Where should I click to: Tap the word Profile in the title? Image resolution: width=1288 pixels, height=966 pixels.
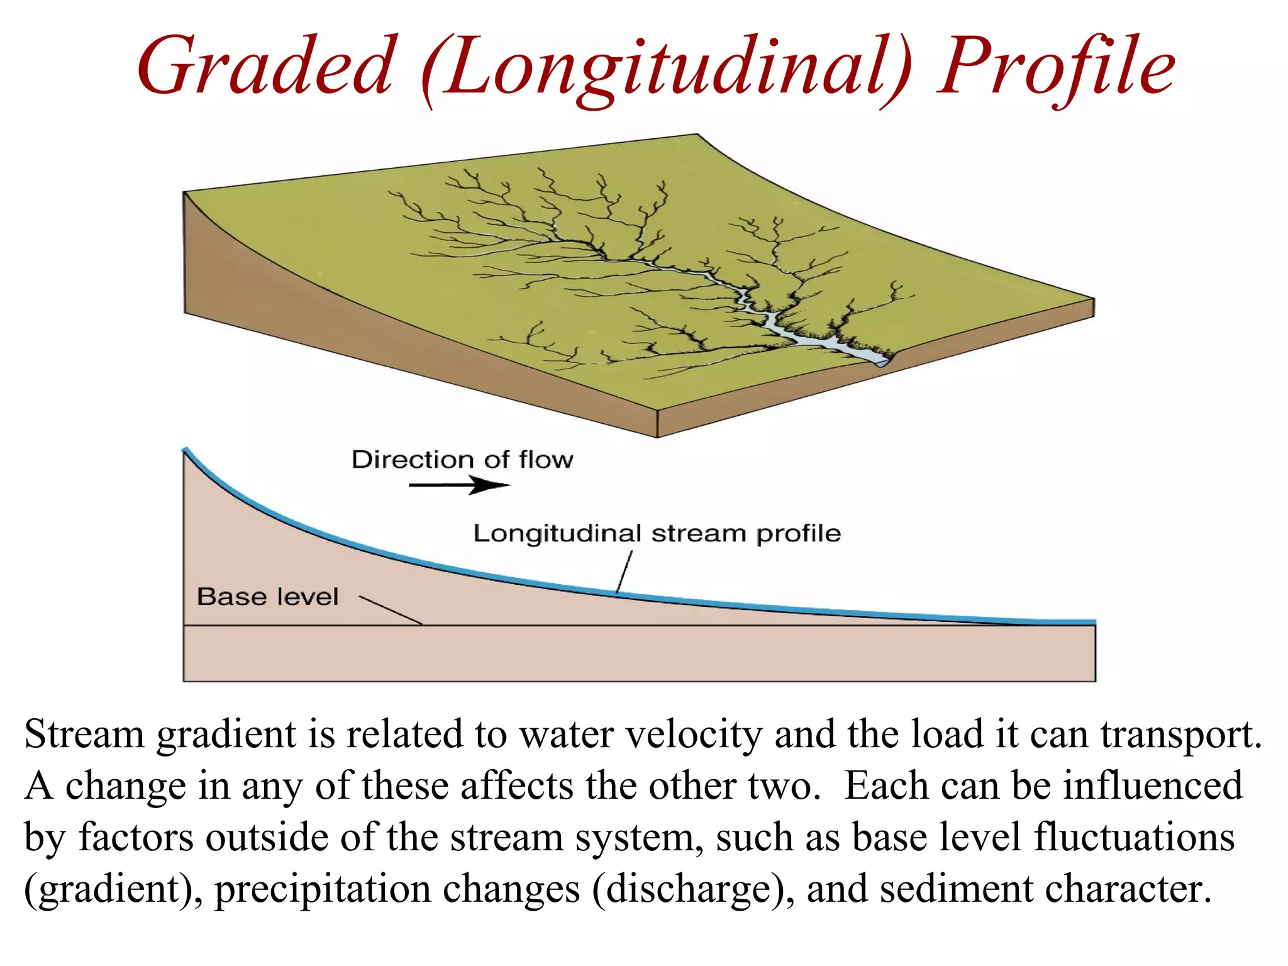click(1056, 67)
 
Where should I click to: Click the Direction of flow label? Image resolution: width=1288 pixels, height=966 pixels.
click(462, 460)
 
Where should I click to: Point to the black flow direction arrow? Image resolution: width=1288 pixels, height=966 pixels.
click(459, 485)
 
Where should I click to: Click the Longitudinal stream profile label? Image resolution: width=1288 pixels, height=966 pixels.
click(657, 533)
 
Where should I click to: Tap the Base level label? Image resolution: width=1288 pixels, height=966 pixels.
click(267, 596)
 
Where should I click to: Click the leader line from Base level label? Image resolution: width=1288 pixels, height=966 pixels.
click(390, 610)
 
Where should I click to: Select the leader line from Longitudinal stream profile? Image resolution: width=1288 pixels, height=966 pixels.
click(624, 572)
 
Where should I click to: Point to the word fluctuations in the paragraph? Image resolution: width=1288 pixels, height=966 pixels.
click(1135, 838)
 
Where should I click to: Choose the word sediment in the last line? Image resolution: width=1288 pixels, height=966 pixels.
click(956, 889)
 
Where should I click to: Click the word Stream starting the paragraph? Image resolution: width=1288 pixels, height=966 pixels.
click(84, 735)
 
